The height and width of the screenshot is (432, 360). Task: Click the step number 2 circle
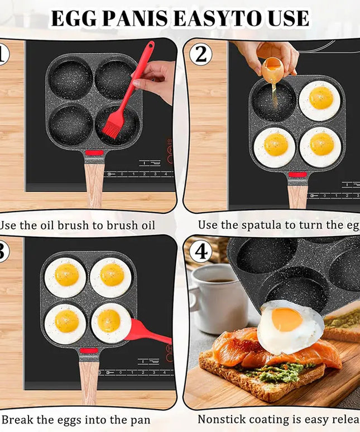201,55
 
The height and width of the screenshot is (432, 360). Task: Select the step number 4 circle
201,252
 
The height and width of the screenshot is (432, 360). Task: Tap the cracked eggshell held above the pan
272,68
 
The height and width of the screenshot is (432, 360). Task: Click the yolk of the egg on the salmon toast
287,320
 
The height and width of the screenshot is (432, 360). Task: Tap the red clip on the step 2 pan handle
297,175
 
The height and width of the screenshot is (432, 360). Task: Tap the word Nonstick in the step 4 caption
223,419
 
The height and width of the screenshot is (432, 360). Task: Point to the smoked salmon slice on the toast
240,349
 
